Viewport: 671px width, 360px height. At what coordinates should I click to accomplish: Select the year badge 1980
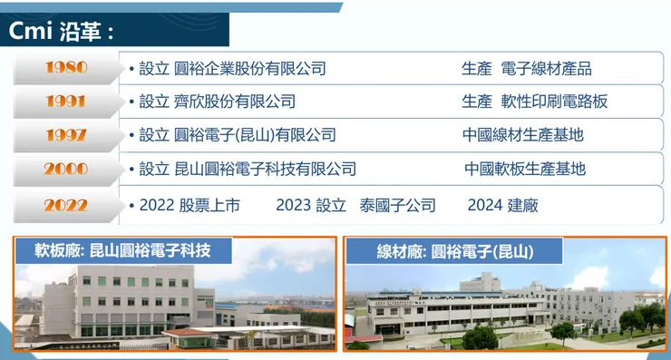click(66, 68)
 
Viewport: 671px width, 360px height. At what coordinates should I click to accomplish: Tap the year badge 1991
click(66, 102)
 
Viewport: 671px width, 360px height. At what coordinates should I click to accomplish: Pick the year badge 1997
click(66, 135)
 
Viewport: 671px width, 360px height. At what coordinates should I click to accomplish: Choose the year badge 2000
click(66, 169)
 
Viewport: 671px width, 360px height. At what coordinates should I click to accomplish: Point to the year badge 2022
click(66, 205)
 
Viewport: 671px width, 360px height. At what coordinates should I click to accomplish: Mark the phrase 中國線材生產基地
click(523, 136)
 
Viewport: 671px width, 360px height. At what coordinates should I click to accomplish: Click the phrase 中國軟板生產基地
click(525, 170)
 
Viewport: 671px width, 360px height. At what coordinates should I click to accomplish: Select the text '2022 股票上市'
click(190, 206)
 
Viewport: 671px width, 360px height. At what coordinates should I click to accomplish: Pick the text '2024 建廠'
click(502, 206)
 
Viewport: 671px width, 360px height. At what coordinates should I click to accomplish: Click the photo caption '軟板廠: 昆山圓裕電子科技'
click(122, 250)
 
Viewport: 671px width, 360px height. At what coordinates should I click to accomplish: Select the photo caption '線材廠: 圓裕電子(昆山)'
click(454, 251)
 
